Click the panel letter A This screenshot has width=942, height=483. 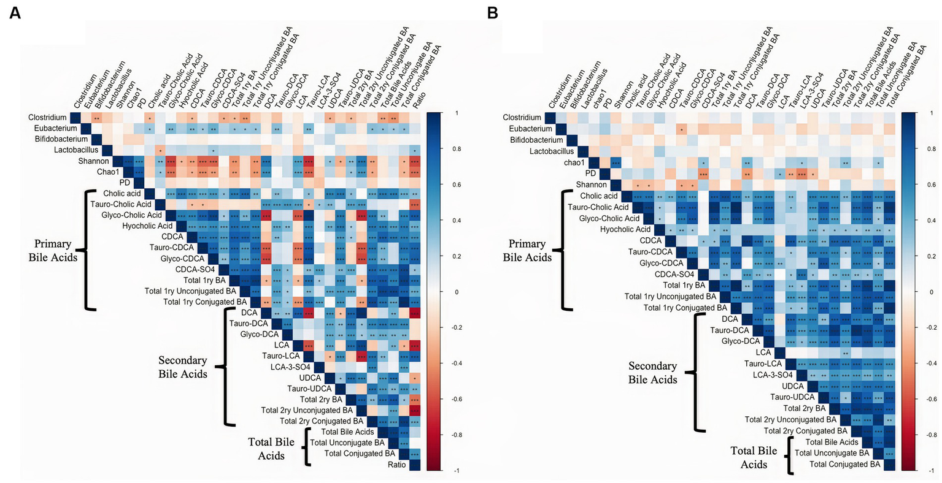[14, 12]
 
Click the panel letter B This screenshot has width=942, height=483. [492, 12]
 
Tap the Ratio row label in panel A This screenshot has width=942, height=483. [396, 465]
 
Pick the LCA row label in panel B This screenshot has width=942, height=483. [763, 352]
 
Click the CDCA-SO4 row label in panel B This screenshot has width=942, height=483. [674, 274]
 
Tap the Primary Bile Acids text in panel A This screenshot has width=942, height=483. [53, 250]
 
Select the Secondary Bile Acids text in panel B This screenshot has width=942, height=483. [652, 372]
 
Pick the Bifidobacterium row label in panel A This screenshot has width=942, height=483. [53, 139]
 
